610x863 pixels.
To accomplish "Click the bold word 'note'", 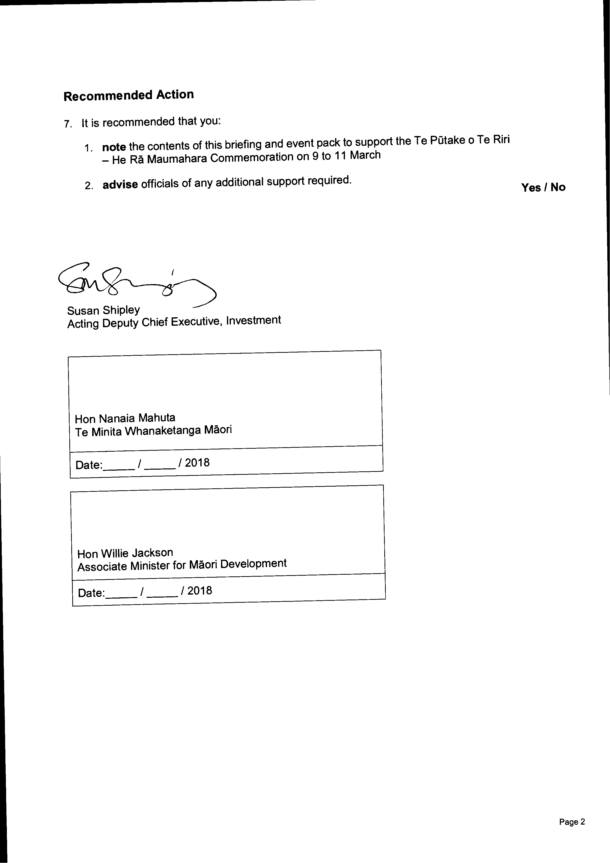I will click(x=114, y=147).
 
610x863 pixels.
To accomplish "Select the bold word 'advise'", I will click(x=120, y=185).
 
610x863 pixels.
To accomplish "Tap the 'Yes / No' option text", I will click(x=543, y=187).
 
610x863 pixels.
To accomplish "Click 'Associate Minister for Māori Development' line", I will click(x=182, y=565).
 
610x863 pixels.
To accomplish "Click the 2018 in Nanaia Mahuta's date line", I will click(x=197, y=463).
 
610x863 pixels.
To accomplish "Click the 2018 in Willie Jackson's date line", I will click(x=199, y=590).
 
